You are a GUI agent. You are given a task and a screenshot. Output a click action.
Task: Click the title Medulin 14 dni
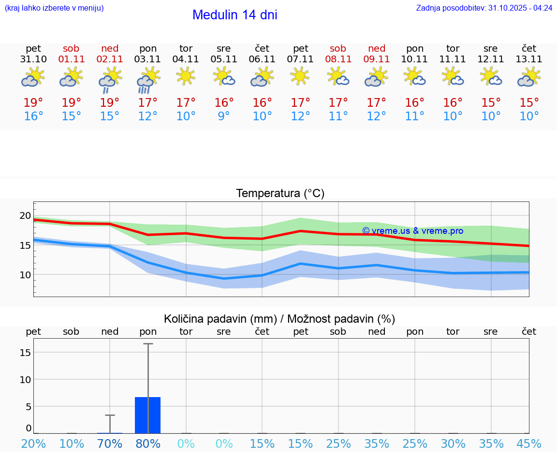(x=235, y=15)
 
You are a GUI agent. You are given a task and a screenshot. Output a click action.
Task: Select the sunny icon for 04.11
(x=186, y=76)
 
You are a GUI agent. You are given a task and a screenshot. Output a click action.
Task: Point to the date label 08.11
(x=338, y=59)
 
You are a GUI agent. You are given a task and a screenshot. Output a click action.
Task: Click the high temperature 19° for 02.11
(x=110, y=102)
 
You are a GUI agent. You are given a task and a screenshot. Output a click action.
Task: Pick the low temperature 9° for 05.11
(x=224, y=116)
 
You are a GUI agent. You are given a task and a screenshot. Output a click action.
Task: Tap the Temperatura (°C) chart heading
(x=280, y=194)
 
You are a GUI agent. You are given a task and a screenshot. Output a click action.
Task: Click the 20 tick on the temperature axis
(x=25, y=216)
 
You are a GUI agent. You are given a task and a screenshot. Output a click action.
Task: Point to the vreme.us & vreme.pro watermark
(x=412, y=231)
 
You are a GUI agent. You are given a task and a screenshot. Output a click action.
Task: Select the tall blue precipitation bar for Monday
(x=148, y=415)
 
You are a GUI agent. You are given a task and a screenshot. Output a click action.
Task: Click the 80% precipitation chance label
(x=148, y=444)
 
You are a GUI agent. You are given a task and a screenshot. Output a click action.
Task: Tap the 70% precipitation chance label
(x=110, y=444)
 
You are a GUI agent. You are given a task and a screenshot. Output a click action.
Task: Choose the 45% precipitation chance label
(x=529, y=444)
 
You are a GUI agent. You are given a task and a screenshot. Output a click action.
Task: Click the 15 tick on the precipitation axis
(x=25, y=353)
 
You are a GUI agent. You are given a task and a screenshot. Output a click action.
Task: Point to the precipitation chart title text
(x=279, y=319)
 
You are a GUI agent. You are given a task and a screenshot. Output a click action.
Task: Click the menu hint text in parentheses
(x=54, y=8)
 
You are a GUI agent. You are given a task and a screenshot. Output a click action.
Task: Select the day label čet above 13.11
(x=529, y=48)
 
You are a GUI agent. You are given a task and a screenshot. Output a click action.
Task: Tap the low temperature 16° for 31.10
(x=33, y=116)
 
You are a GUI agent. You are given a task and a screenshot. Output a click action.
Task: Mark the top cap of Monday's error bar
(x=148, y=344)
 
